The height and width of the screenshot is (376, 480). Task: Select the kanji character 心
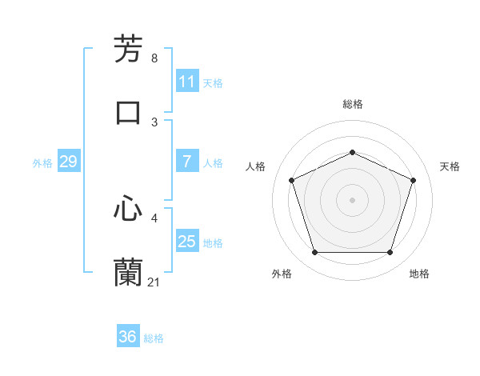129,209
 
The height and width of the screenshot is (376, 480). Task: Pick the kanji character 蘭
129,272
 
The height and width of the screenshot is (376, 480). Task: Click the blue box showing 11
187,82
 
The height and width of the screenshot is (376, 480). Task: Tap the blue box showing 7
187,162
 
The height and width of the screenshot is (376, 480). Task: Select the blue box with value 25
187,242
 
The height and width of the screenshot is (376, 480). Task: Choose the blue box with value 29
68,162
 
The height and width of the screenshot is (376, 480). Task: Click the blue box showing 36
128,337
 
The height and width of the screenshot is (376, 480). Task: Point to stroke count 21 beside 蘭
154,282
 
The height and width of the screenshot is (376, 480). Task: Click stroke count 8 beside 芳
154,58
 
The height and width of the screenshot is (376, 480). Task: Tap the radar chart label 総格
352,104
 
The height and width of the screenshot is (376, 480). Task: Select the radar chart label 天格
450,166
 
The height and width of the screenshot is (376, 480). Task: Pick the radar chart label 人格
256,166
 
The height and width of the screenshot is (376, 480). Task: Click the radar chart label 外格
282,274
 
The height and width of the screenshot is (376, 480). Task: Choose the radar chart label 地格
419,274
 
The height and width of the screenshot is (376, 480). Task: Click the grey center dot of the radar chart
352,200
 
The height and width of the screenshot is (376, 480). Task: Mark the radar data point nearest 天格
414,180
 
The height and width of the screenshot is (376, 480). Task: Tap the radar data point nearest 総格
352,152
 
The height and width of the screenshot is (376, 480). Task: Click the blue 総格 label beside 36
154,338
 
